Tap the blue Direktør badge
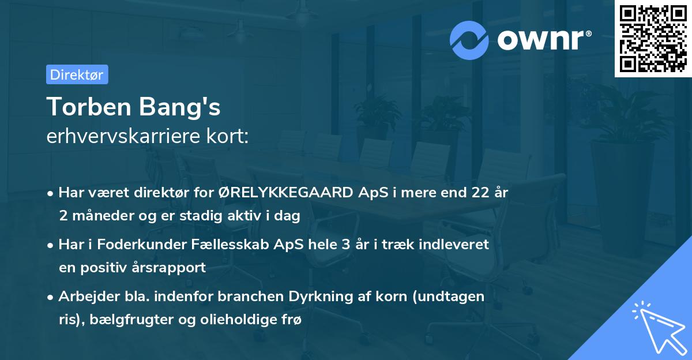point(77,74)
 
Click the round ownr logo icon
point(469,40)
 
